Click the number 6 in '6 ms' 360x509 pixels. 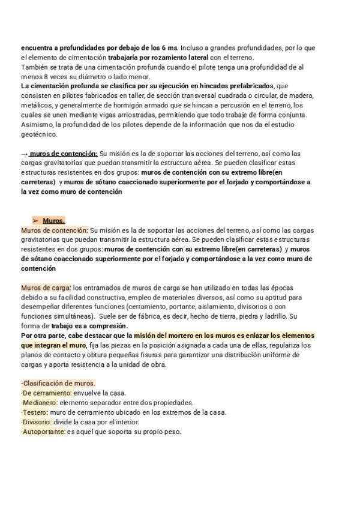[163, 47]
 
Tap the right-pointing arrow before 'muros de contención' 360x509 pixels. [25, 154]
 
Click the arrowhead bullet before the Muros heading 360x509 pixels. [35, 220]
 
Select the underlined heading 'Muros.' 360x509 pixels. [53, 220]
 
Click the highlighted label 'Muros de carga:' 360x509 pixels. [46, 288]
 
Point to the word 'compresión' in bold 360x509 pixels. [109, 326]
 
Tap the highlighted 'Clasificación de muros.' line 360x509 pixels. [58, 384]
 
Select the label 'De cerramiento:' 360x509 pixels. [46, 393]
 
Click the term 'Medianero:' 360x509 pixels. [40, 403]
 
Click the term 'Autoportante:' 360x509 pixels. [43, 432]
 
